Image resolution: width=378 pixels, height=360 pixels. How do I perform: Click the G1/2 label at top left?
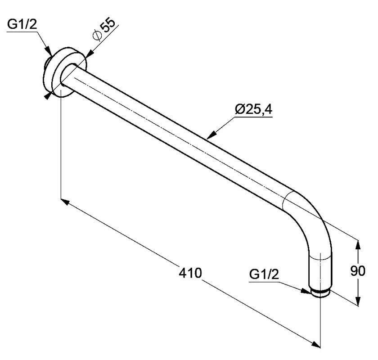(x=22, y=25)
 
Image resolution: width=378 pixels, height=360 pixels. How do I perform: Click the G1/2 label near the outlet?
(x=264, y=274)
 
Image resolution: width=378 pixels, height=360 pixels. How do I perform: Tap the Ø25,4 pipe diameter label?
(x=254, y=109)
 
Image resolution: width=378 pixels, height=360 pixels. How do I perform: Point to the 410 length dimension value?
(x=190, y=273)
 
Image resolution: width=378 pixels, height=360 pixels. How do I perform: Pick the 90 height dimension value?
(x=358, y=271)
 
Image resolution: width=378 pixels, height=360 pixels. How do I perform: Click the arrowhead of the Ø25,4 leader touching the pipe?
(x=211, y=135)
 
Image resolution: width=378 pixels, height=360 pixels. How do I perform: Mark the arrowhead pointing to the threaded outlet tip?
(x=306, y=291)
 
